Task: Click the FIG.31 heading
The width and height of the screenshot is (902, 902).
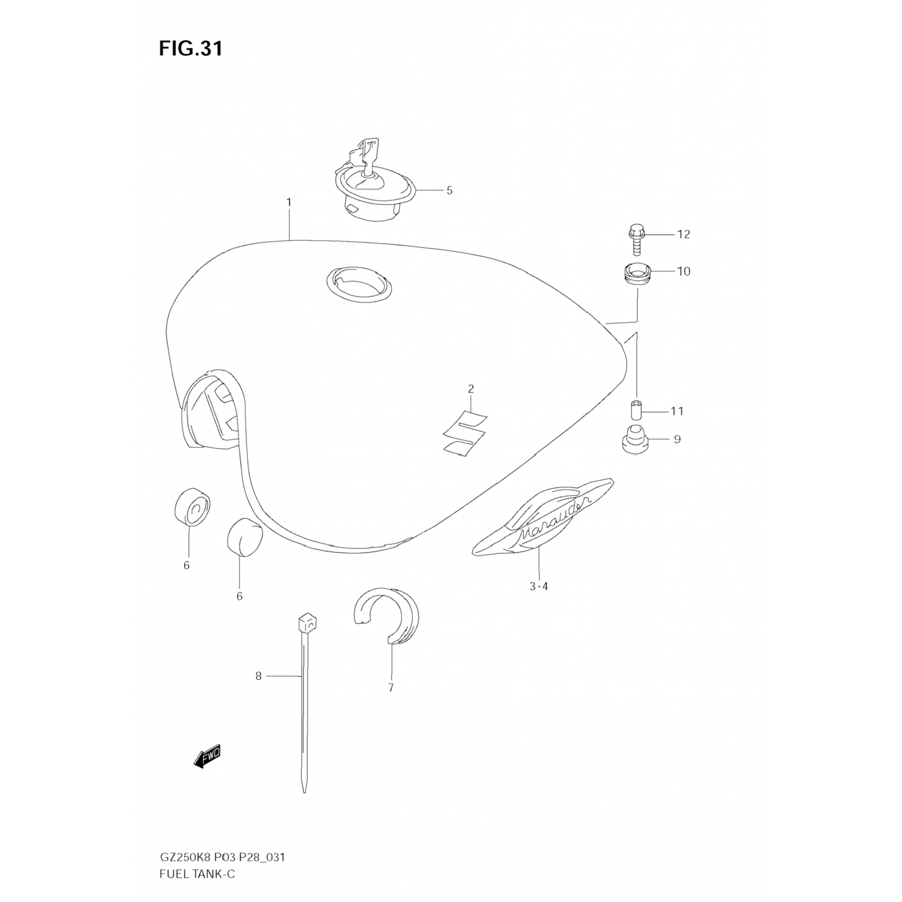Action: pyautogui.click(x=191, y=48)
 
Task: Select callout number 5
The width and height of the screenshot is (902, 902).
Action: pyautogui.click(x=449, y=191)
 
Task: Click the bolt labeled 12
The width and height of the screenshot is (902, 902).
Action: pyautogui.click(x=636, y=239)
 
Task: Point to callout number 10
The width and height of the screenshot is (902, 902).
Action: pyautogui.click(x=684, y=271)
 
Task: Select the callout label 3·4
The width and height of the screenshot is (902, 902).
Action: pyautogui.click(x=539, y=586)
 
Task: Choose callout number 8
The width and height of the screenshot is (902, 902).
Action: pyautogui.click(x=259, y=677)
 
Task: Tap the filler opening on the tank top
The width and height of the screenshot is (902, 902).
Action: pyautogui.click(x=359, y=281)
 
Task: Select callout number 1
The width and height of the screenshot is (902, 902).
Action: pyautogui.click(x=289, y=203)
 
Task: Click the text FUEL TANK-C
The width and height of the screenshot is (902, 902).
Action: pyautogui.click(x=197, y=874)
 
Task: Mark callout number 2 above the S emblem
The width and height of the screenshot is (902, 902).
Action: pyautogui.click(x=471, y=389)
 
